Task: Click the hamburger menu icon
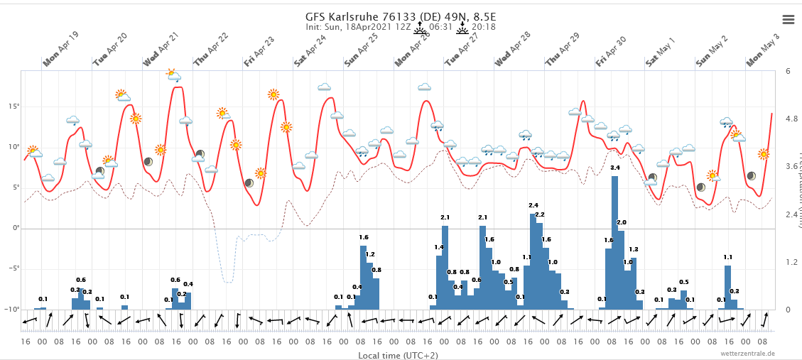(x=788, y=19)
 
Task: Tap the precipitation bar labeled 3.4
(x=614, y=242)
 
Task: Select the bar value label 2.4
(x=533, y=205)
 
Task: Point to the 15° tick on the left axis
(x=13, y=107)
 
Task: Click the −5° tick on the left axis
(x=12, y=268)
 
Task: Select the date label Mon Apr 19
(x=61, y=49)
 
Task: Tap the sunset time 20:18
(x=484, y=27)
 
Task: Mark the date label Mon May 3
(x=763, y=50)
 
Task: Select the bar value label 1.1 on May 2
(x=728, y=257)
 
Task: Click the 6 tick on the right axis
(x=789, y=71)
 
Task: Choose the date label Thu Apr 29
(x=563, y=50)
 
